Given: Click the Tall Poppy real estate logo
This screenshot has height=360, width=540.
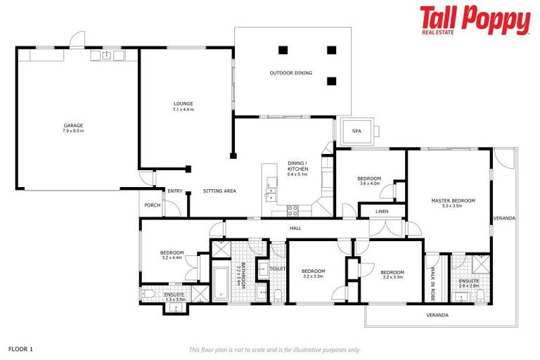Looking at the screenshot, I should click(x=475, y=20).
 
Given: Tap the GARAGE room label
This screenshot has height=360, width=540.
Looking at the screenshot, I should click(x=73, y=125).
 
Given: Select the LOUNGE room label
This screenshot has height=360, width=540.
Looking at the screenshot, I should click(x=183, y=103).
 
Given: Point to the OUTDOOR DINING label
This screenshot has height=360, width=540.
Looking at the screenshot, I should click(x=290, y=73).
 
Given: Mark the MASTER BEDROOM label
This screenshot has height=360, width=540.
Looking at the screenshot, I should click(x=453, y=201).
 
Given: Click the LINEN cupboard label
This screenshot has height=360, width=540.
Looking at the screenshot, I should click(x=382, y=211).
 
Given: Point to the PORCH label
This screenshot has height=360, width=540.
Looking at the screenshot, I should click(x=152, y=205).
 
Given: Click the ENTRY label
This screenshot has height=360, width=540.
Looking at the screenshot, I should click(x=175, y=191).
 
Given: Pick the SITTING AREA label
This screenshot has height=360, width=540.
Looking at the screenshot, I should click(x=219, y=191).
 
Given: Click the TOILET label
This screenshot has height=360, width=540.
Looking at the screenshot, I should click(x=277, y=268).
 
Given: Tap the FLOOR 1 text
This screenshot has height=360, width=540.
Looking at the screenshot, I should click(x=20, y=348).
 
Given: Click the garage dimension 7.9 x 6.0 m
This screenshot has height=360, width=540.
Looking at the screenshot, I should click(x=73, y=131).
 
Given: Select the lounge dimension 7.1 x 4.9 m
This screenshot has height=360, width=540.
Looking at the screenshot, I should click(x=183, y=110).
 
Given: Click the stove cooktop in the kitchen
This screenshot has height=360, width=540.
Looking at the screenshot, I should click(x=293, y=209).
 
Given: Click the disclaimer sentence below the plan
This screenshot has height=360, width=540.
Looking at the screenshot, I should click(x=274, y=349).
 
